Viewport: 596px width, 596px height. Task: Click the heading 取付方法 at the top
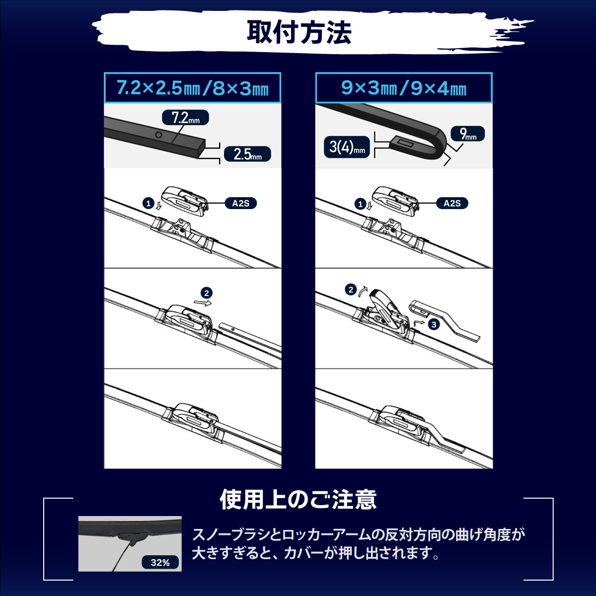point(298,32)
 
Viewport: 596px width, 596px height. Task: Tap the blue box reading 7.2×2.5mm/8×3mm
point(192,88)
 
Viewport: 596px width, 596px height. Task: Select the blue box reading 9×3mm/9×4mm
point(403,88)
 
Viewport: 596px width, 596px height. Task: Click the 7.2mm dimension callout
point(185,118)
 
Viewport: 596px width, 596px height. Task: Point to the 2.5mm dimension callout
point(247,154)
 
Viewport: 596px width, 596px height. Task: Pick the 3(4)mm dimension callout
point(347,147)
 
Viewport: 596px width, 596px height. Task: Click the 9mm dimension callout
point(467,134)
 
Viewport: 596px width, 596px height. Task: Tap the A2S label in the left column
point(240,203)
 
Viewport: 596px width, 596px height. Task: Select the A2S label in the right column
point(451,203)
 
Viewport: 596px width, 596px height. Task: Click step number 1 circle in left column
point(148,203)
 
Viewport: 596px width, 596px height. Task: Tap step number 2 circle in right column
point(351,290)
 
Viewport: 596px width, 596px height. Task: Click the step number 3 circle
point(434,324)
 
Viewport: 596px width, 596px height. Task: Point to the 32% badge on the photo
point(160,562)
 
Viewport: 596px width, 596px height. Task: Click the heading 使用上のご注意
point(298,500)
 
